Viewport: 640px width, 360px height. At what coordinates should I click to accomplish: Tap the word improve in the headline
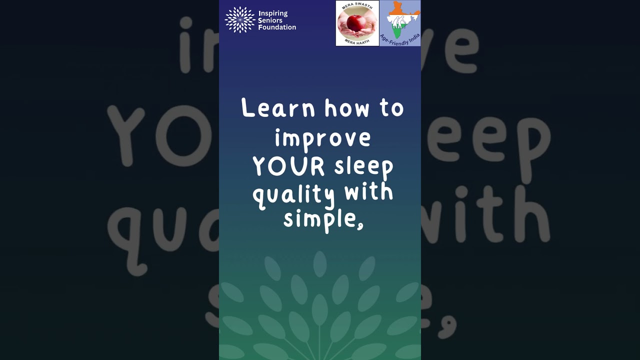pos(322,138)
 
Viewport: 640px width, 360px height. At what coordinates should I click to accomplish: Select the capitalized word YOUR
pos(288,166)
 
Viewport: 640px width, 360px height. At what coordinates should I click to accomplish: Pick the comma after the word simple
pos(359,224)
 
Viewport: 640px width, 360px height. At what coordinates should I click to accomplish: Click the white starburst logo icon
pos(240,20)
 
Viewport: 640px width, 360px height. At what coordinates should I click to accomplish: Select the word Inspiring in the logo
pos(273,13)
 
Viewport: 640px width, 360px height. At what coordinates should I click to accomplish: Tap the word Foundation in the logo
pos(277,27)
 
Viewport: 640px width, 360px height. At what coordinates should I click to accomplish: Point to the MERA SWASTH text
pos(357,6)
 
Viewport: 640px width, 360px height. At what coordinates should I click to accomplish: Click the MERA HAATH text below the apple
pos(357,42)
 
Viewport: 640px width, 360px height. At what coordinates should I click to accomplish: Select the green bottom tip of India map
pos(396,34)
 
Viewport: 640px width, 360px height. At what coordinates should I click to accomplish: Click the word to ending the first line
pos(391,108)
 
